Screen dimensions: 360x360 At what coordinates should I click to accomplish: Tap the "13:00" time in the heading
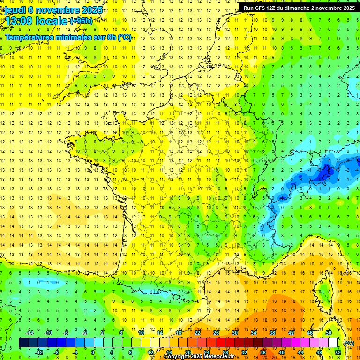click(x=18, y=21)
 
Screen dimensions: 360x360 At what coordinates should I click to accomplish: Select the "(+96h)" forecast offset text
click(x=81, y=21)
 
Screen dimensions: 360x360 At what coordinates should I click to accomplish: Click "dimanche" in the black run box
click(x=305, y=7)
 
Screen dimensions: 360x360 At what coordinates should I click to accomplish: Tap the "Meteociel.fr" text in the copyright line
click(x=223, y=357)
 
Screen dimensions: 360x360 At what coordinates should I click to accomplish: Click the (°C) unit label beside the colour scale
click(x=349, y=343)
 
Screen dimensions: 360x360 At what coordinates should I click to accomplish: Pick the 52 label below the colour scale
click(x=337, y=352)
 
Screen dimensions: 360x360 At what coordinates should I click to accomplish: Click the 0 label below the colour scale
click(x=93, y=352)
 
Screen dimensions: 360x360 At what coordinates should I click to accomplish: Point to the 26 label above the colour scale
click(x=216, y=333)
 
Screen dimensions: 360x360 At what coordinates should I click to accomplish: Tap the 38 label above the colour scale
click(x=272, y=333)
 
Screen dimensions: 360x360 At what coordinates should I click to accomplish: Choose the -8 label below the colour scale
click(x=56, y=352)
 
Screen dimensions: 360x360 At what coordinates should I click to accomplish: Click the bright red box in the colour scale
click(x=220, y=343)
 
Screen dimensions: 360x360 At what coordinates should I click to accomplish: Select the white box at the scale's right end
click(x=333, y=343)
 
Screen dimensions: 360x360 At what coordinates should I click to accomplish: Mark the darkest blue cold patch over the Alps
click(x=323, y=175)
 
